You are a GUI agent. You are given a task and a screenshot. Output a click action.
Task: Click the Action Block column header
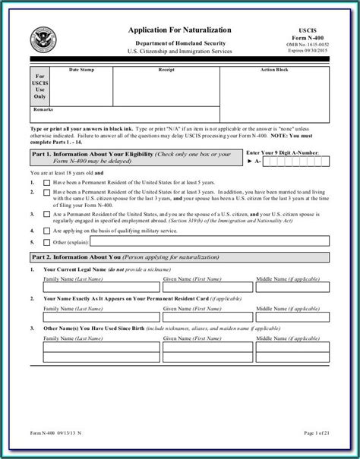click(274, 68)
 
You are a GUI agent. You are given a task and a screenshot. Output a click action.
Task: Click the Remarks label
click(43, 108)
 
